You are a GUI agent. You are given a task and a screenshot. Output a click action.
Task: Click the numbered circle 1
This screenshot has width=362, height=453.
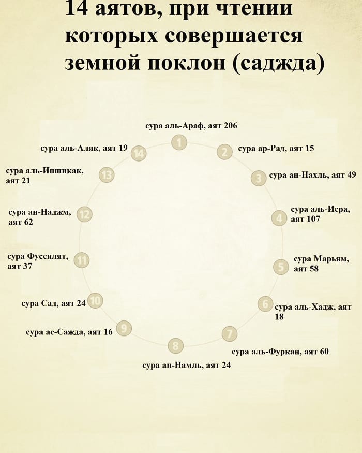(179, 142)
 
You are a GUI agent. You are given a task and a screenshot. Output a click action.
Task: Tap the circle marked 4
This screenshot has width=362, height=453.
(279, 218)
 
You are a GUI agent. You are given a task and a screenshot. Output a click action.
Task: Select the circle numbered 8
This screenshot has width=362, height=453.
(175, 345)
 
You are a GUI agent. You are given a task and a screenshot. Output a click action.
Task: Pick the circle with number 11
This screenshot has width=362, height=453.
(82, 260)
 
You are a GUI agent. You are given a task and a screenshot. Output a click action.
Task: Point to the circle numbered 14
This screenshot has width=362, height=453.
(139, 153)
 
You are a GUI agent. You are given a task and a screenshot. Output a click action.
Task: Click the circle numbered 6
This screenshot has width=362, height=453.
(265, 304)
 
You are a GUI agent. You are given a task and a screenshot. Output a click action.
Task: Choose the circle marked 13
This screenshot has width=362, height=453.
(107, 175)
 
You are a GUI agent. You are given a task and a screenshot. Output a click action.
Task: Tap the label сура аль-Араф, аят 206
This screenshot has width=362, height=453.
(191, 126)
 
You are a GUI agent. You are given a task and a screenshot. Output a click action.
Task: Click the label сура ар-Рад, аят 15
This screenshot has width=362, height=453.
(276, 149)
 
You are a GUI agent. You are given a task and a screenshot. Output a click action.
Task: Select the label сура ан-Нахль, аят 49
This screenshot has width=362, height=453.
(313, 175)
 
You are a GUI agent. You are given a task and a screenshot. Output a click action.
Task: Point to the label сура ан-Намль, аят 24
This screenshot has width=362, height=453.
(187, 365)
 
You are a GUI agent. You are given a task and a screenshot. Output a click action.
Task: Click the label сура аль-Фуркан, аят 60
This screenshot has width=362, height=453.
(280, 352)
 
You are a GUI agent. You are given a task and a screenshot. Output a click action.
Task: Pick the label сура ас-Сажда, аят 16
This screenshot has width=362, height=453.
(69, 332)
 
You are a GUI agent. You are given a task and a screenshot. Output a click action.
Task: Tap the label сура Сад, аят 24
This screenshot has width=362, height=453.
(54, 303)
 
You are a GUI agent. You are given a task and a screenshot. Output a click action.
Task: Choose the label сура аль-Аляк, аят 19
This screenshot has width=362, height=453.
(84, 148)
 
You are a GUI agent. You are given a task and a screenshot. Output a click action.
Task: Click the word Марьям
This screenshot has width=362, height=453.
(331, 259)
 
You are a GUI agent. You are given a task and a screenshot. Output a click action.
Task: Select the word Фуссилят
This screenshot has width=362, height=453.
(48, 256)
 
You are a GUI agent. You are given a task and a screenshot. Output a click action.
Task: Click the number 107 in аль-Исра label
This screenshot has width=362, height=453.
(313, 219)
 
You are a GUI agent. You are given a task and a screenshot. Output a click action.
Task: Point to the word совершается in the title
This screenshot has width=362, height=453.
(234, 36)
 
